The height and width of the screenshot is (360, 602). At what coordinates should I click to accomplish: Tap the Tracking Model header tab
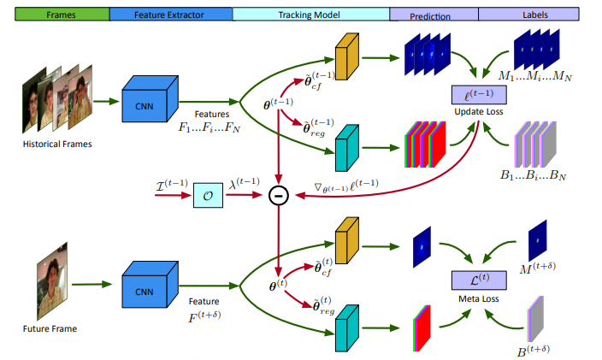(310, 15)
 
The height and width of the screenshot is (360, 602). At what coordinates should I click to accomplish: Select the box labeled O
(209, 196)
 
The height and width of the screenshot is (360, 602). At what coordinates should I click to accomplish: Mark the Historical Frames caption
(56, 144)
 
